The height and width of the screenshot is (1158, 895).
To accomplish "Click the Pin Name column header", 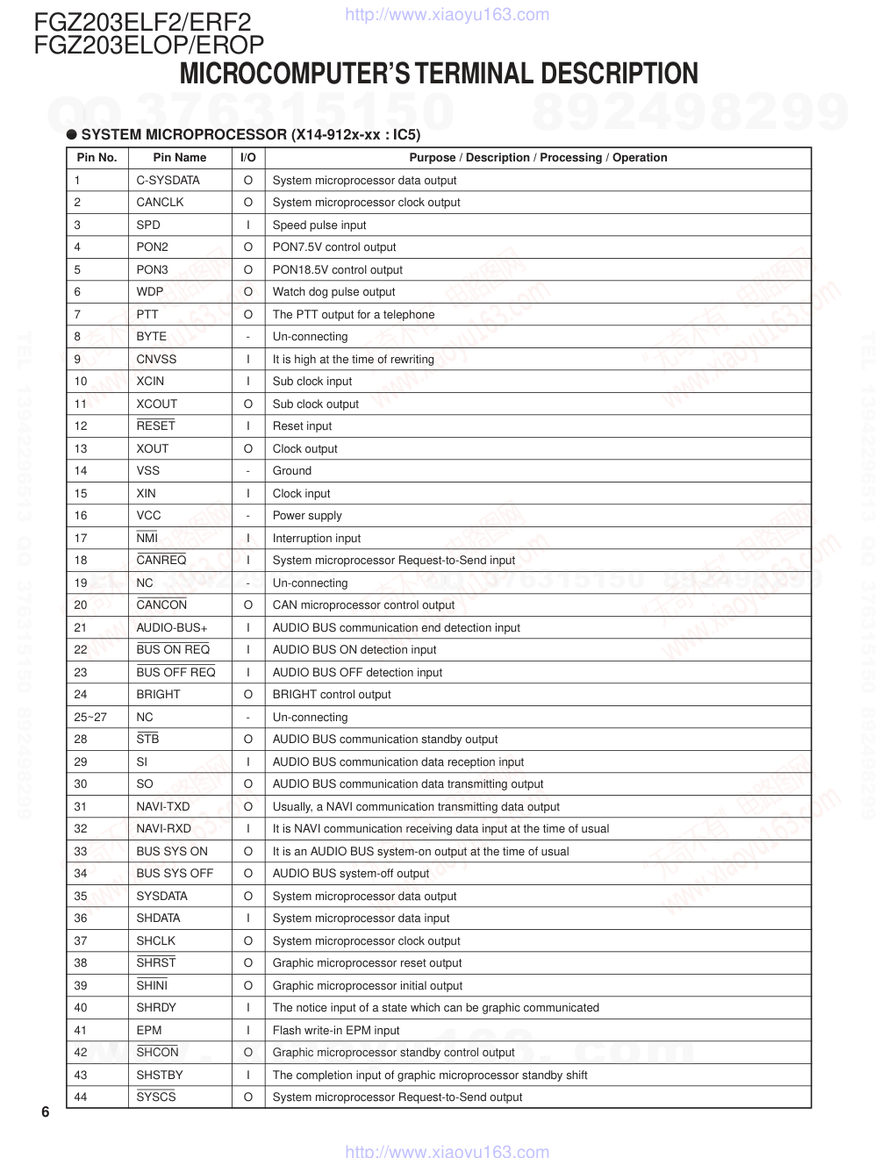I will pos(179,158).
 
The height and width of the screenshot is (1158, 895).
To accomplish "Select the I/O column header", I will pos(248,158).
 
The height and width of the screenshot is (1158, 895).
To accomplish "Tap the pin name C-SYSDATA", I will pos(168,180).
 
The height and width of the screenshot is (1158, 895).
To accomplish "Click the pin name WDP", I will pos(149,292).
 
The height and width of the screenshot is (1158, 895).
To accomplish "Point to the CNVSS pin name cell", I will pos(156,359).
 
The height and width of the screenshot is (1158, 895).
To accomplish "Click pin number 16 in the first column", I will pos(81,516).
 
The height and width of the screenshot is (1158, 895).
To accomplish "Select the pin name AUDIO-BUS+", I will pos(171,627).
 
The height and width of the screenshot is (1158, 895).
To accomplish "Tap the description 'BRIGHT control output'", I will pos(332,695).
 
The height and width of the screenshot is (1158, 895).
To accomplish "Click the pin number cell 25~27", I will pos(90,717).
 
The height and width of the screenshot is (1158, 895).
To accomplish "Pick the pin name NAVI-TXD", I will pos(162,806).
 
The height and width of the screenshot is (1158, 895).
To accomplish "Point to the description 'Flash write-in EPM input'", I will pos(335,1030).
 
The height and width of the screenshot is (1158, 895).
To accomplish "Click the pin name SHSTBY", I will pos(160,1075).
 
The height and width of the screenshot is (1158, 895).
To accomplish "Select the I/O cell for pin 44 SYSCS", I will pos(248,1097).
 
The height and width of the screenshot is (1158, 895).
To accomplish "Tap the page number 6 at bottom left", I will pos(46,1113).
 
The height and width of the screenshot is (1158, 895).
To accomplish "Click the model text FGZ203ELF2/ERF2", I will pos(142,22).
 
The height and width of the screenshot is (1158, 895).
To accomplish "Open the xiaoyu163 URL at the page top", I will pos(447,14).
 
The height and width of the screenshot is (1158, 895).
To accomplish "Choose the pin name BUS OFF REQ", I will pos(175,672).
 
